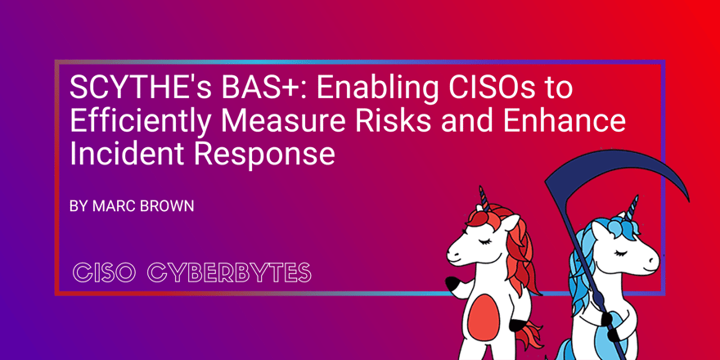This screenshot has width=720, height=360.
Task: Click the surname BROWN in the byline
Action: (167, 207)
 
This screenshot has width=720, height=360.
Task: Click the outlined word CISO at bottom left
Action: (102, 272)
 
